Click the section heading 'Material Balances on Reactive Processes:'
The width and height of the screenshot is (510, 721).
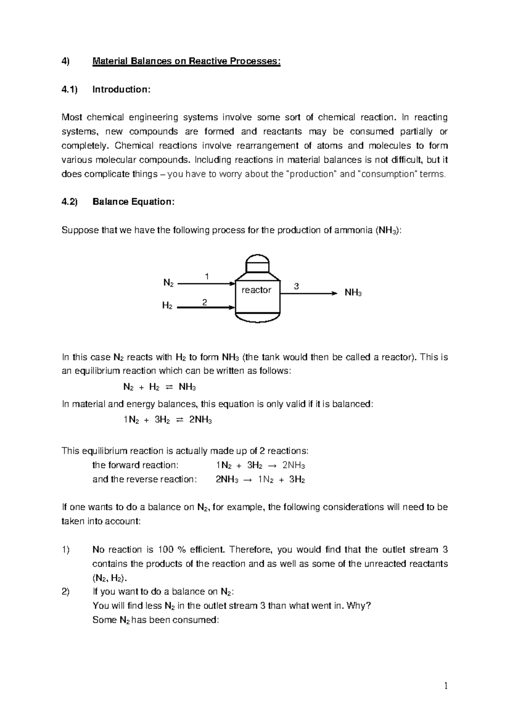(x=186, y=61)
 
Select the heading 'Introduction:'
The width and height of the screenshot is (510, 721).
(x=121, y=89)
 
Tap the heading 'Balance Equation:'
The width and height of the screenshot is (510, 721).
(x=133, y=202)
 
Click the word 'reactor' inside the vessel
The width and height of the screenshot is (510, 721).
(x=256, y=290)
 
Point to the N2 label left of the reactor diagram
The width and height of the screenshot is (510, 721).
(x=168, y=283)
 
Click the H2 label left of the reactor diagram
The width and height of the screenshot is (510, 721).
(x=167, y=306)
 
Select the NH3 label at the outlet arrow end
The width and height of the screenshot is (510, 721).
(x=353, y=293)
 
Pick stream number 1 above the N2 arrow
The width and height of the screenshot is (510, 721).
(x=207, y=276)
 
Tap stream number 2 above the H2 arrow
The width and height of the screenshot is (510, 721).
(x=204, y=302)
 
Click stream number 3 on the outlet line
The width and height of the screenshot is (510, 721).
(x=296, y=287)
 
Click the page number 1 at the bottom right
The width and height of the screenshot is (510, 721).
(x=446, y=685)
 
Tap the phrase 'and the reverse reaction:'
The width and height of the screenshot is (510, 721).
(x=144, y=480)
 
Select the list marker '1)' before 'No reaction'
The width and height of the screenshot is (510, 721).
(x=65, y=550)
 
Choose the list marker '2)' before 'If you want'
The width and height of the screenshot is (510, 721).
(x=65, y=592)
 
